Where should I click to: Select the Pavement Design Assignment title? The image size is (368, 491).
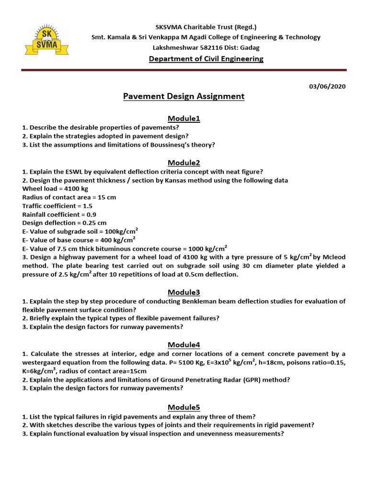[184, 96]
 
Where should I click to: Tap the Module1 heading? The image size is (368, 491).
[184, 118]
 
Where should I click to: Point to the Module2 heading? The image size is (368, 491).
[184, 163]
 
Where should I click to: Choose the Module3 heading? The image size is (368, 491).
[184, 292]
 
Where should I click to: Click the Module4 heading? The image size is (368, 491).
[184, 345]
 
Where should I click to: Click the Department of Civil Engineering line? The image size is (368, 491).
[206, 59]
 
